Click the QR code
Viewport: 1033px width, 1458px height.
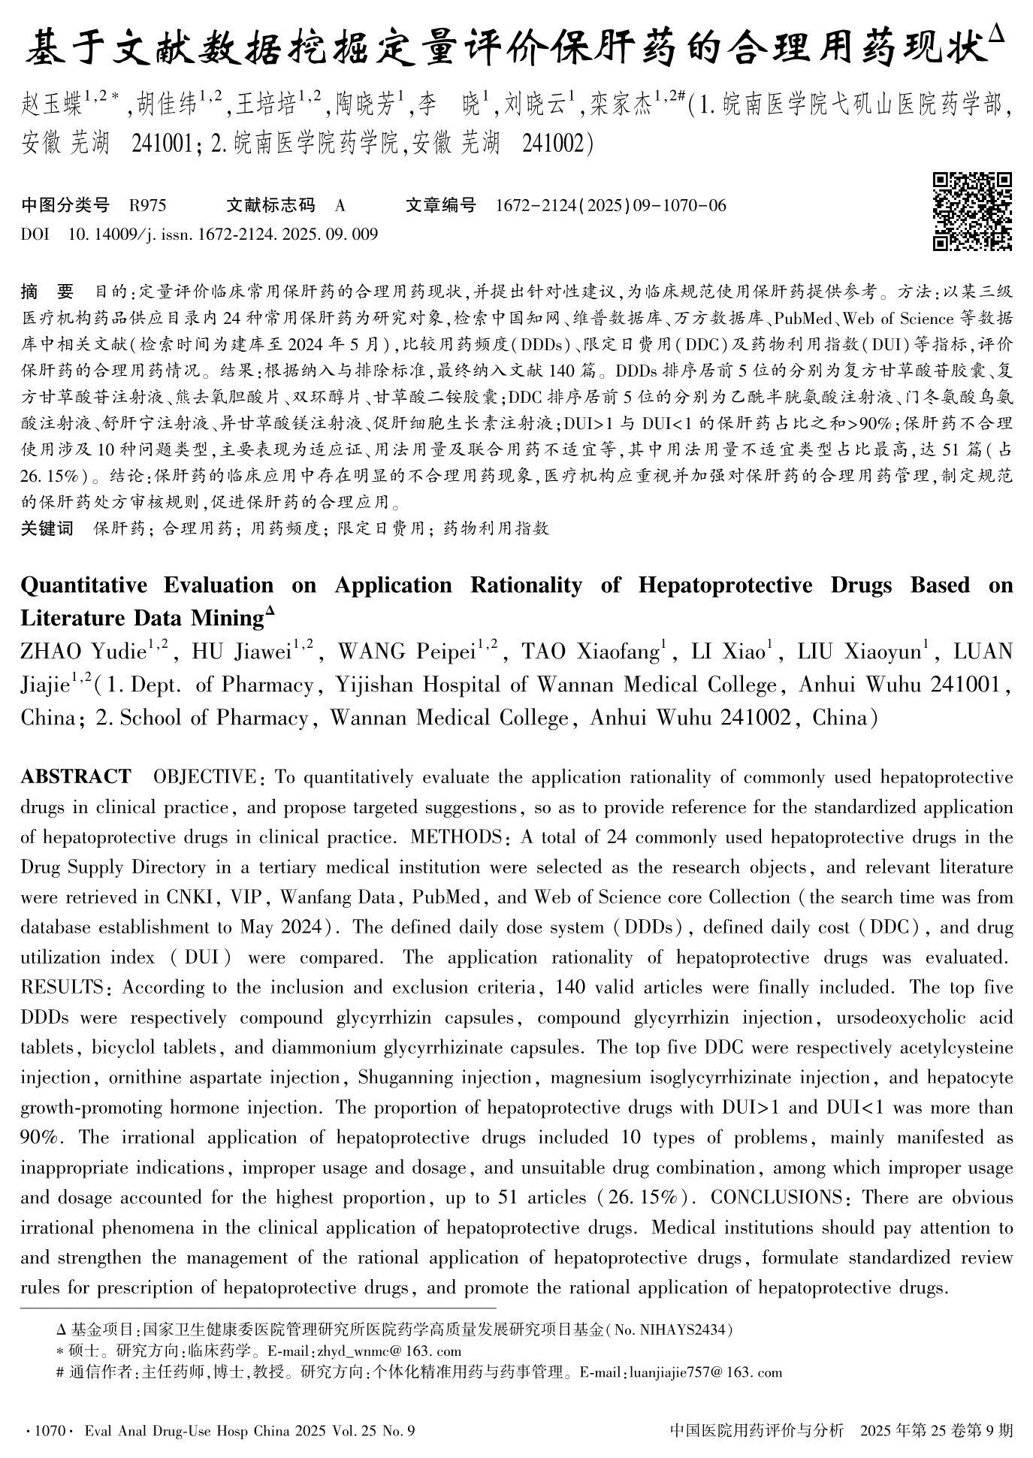tap(972, 211)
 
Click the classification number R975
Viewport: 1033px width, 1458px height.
tap(148, 206)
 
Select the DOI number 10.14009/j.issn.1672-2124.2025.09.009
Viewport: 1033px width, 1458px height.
tap(223, 234)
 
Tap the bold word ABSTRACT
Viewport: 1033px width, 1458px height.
tap(76, 776)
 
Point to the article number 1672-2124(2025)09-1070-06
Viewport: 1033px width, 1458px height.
tap(612, 206)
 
